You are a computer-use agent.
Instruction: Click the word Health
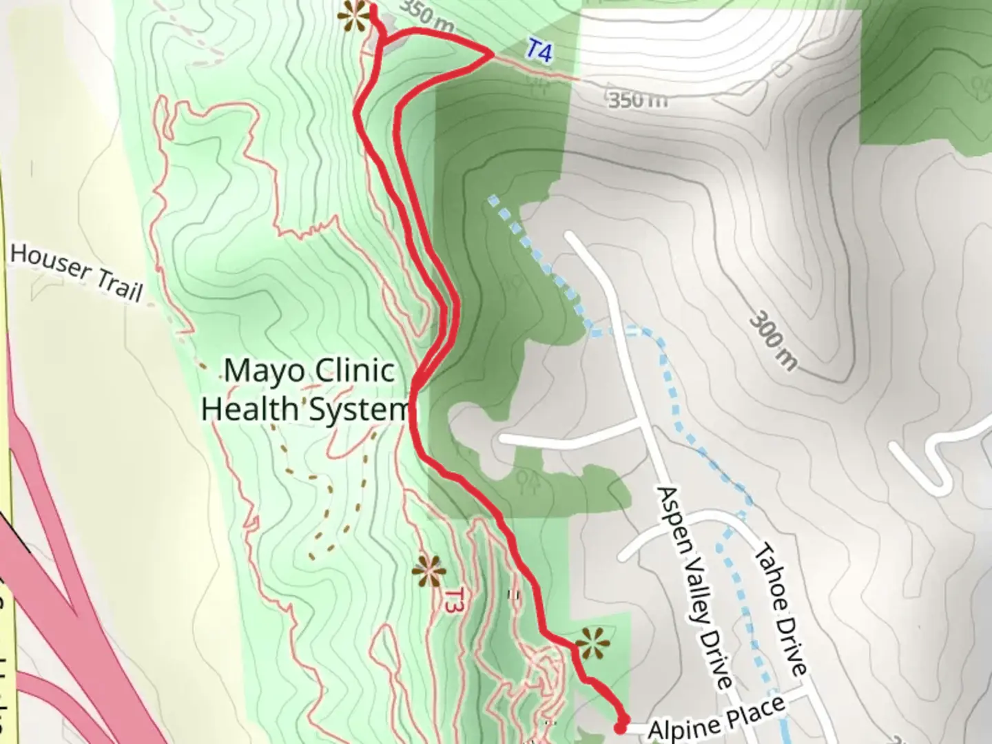coord(248,409)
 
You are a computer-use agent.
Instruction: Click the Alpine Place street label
coord(716,719)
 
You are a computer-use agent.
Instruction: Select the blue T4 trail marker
coord(540,50)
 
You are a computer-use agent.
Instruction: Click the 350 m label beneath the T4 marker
coord(637,99)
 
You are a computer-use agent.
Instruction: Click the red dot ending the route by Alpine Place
coord(621,727)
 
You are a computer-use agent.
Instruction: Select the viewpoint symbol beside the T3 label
coord(428,571)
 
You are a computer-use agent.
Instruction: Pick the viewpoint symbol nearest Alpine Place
coord(592,645)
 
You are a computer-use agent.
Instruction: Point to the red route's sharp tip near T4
coord(491,54)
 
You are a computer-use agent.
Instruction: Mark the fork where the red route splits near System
coord(416,387)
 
